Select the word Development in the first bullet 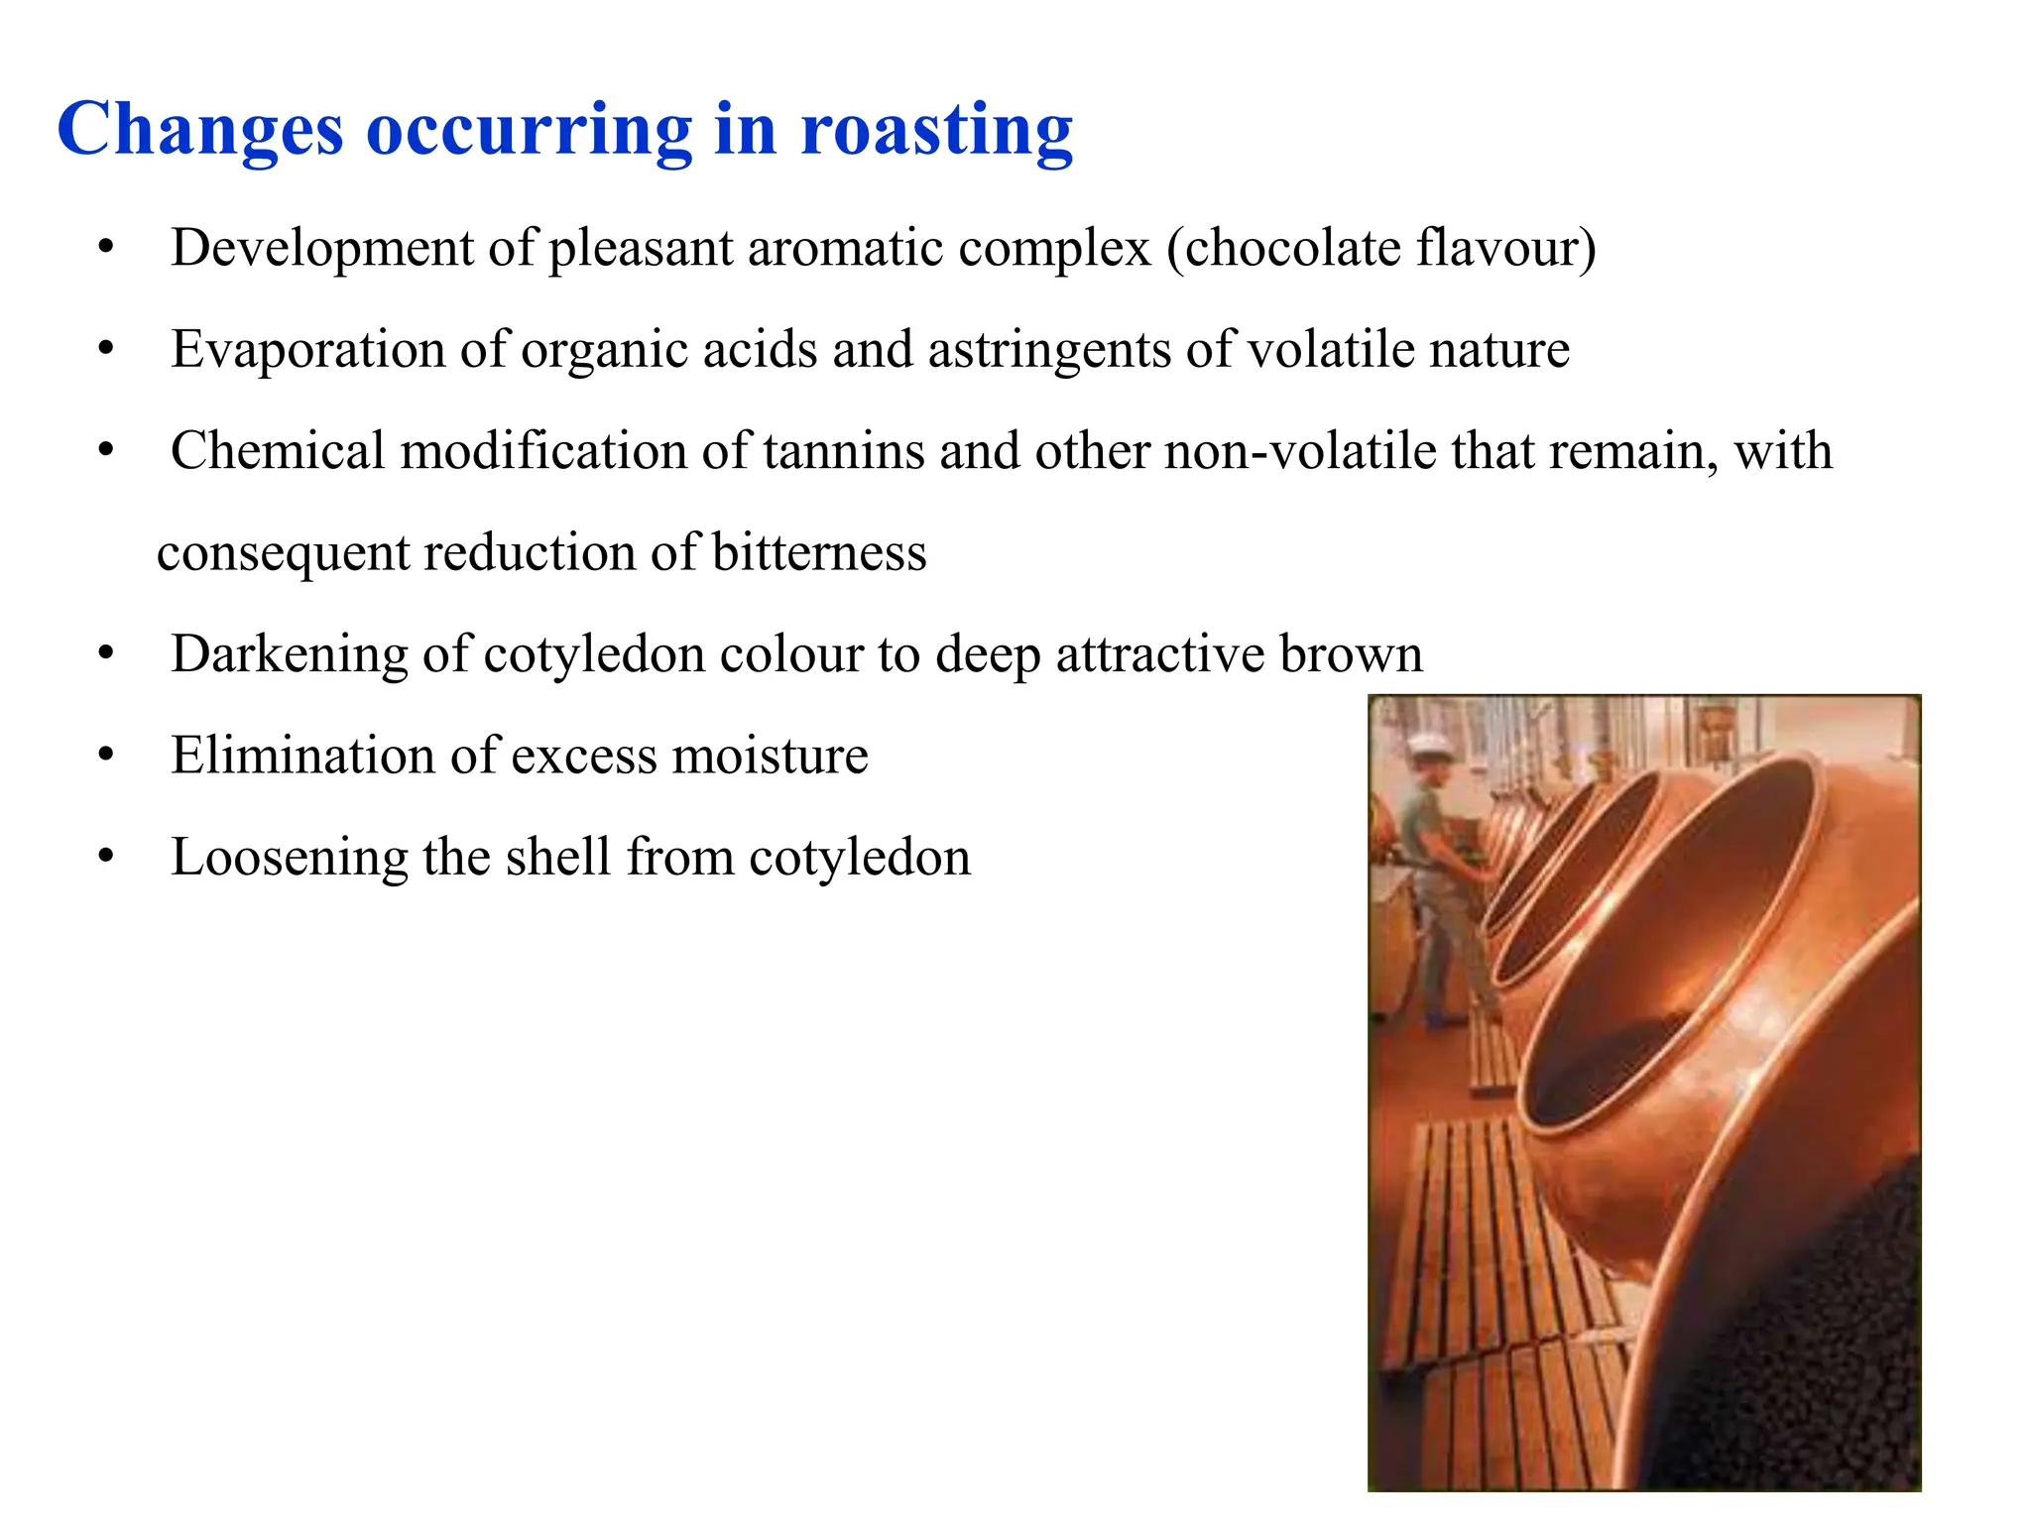[322, 248]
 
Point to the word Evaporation [307, 349]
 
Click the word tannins [843, 451]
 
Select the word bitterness [819, 552]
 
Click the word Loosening [289, 858]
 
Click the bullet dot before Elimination [106, 756]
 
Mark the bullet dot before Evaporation [106, 349]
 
